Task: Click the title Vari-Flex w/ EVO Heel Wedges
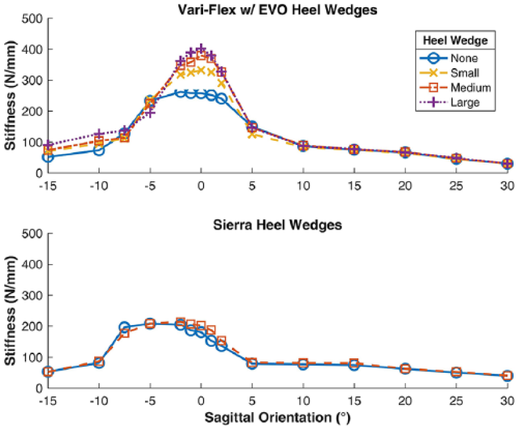point(277,10)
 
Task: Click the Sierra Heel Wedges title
point(277,225)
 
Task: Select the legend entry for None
point(450,58)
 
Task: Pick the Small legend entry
point(450,73)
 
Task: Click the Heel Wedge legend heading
point(456,40)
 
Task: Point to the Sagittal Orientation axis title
point(277,418)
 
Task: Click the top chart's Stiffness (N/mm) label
point(10,95)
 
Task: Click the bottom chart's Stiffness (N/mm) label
point(10,311)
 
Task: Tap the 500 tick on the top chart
point(33,19)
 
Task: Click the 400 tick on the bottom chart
point(33,265)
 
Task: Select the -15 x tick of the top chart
point(48,185)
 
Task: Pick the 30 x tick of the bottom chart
point(507,401)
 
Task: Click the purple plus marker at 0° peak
point(201,50)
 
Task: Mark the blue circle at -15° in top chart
point(48,157)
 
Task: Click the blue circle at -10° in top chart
point(99,150)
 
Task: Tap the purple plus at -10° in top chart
point(99,134)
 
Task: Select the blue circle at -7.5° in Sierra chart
point(124,327)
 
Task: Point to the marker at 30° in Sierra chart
point(507,376)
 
